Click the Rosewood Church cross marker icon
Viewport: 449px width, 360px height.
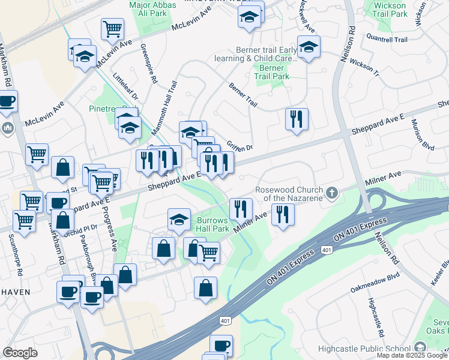point(332,193)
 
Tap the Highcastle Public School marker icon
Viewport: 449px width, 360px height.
point(420,348)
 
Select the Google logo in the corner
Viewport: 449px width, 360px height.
point(20,353)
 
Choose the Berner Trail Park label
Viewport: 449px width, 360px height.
point(271,72)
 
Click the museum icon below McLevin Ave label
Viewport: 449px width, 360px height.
point(8,127)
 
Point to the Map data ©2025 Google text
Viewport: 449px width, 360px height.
point(412,355)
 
